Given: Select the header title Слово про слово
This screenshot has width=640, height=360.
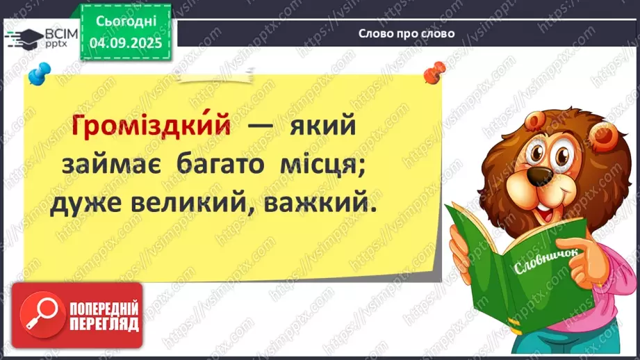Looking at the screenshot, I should [407, 33].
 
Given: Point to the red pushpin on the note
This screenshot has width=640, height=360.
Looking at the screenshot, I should [436, 70].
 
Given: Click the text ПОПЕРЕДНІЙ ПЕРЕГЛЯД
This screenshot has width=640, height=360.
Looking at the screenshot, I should [104, 316].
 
